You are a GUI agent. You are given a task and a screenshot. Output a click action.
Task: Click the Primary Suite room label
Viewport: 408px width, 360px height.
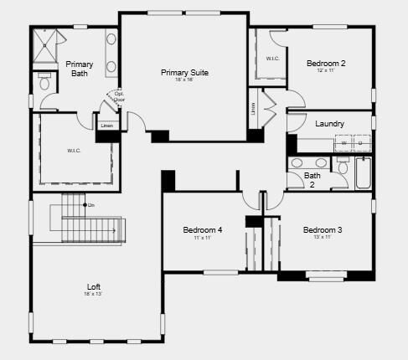184,73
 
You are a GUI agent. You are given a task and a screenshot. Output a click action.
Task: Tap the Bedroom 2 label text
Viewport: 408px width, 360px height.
326,63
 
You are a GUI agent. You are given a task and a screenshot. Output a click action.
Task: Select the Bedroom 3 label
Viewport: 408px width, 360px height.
323,230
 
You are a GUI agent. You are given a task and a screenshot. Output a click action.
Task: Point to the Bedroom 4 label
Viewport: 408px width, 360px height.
203,230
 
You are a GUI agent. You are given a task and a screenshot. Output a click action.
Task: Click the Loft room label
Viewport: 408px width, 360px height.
94,287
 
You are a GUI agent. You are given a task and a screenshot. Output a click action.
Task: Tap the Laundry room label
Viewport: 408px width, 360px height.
329,124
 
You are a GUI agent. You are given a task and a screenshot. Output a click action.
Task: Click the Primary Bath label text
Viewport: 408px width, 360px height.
79,69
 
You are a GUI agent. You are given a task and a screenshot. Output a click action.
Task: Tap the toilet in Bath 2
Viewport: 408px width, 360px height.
343,167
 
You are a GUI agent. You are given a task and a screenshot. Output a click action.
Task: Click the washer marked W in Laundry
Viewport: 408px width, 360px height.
343,144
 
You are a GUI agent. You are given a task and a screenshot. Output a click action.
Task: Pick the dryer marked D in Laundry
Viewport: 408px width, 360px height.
360,144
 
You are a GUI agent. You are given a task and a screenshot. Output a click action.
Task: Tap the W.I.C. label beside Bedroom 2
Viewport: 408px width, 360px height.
273,59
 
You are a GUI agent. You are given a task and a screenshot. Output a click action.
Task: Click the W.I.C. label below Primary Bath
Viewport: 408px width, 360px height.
74,152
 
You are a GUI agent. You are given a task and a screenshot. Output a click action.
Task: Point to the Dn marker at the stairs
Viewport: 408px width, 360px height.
90,205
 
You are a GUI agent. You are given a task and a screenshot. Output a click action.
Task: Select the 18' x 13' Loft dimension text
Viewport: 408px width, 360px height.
94,295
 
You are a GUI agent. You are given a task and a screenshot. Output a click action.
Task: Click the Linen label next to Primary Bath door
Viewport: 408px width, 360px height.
106,126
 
